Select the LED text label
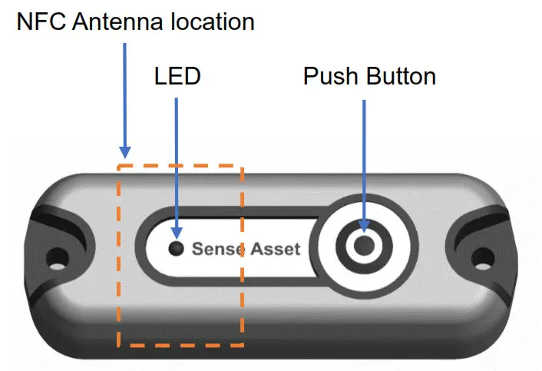click(x=177, y=77)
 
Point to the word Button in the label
click(x=398, y=77)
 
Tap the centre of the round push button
click(x=364, y=244)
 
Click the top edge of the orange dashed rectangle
click(x=180, y=164)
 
